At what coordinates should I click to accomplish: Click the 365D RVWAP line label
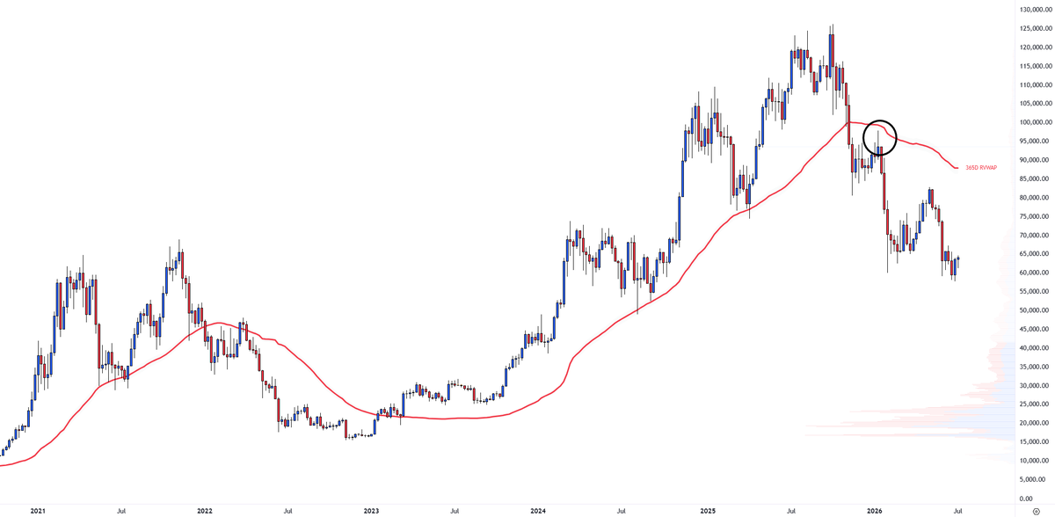point(981,168)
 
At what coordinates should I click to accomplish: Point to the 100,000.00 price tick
point(1036,122)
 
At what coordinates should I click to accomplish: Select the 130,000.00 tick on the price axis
point(1036,10)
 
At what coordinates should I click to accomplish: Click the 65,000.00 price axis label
point(1036,254)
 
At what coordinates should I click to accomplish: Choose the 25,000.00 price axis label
point(1036,404)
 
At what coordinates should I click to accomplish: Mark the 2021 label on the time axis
point(38,511)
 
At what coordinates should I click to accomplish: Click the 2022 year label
point(204,511)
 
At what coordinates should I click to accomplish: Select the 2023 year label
point(371,511)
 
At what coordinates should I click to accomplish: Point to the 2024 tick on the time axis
point(538,511)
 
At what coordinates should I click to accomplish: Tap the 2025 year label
point(708,511)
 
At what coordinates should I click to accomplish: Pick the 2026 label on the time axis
point(875,511)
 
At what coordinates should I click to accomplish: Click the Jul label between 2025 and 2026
point(791,511)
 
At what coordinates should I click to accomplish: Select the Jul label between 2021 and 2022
point(121,511)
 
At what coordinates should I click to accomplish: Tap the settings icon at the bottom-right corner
point(1037,512)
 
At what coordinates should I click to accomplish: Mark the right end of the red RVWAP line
point(957,168)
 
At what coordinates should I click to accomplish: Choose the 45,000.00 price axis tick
point(1036,329)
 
